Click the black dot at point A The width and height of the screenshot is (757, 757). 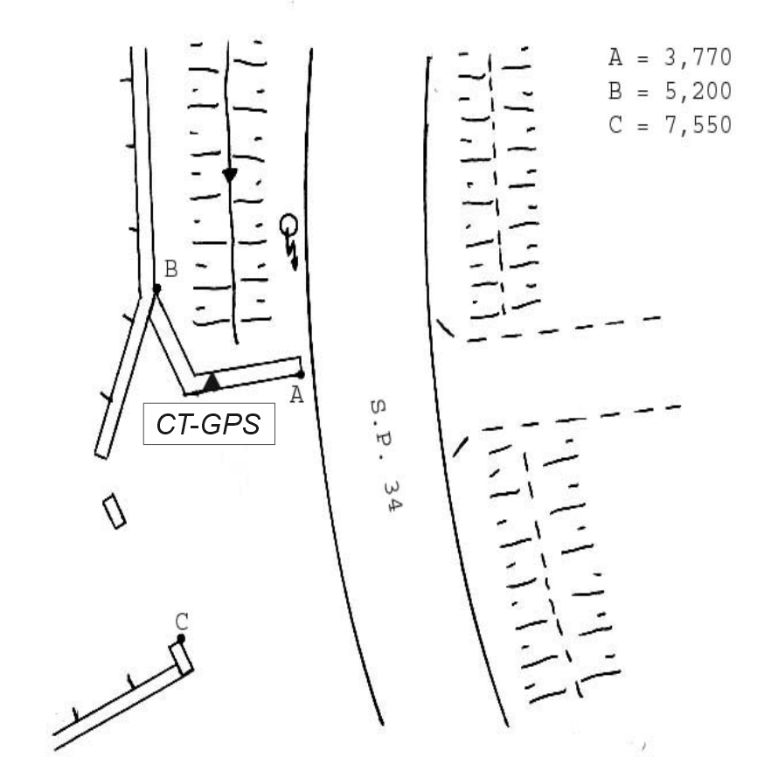pos(301,374)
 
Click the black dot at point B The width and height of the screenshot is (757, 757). pos(156,288)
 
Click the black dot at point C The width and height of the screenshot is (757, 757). pos(181,638)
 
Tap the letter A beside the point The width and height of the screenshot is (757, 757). pos(297,395)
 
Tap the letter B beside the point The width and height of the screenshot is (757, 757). pos(171,269)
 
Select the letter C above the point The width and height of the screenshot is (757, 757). pos(182,622)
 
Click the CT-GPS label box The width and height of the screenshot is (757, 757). pos(209,423)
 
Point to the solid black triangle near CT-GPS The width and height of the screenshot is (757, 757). pos(212,382)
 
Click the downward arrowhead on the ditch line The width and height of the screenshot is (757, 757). pos(230,175)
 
